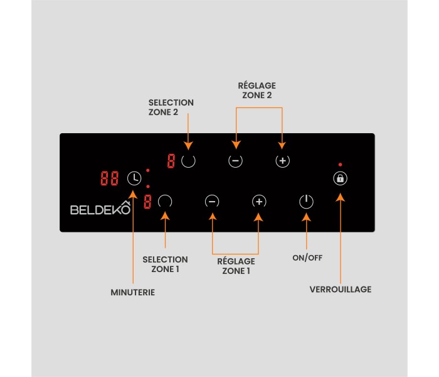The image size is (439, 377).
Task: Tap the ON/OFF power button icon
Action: coord(305,202)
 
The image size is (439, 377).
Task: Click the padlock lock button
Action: coord(340,178)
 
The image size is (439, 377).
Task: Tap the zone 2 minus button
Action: coord(235,161)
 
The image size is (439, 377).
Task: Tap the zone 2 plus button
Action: coord(283,161)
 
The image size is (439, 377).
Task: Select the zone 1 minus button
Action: coord(213,202)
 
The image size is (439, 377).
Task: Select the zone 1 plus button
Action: coord(259,202)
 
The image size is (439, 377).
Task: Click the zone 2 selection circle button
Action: coord(188,160)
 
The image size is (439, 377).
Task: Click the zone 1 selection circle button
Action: coord(165,202)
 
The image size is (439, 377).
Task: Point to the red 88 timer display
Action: coord(110,178)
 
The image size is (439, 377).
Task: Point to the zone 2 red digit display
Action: coord(171,161)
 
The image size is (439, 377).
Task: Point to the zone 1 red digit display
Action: coord(147,202)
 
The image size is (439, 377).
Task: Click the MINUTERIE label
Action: coord(133,292)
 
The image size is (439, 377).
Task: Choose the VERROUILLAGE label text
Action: coord(341,290)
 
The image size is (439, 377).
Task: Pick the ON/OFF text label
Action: coord(307,258)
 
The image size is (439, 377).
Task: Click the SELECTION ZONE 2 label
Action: coord(171,107)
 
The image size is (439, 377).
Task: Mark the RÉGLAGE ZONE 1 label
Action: coord(236,266)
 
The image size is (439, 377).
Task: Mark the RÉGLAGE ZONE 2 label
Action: coord(257,90)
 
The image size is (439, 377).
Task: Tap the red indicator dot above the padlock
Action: coord(340,165)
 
